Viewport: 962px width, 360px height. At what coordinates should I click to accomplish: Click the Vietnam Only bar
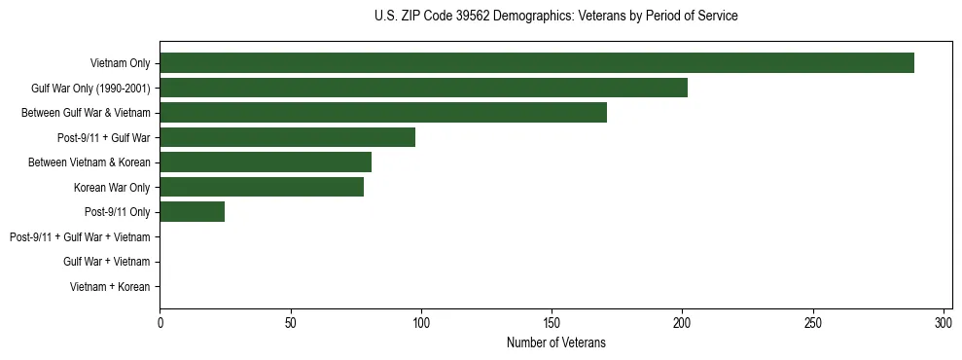tap(537, 63)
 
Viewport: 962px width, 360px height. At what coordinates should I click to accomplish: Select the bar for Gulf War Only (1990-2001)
tap(423, 88)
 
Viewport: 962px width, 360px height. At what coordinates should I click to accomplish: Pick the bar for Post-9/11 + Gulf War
tap(287, 137)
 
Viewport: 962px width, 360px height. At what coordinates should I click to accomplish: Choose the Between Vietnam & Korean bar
tap(266, 162)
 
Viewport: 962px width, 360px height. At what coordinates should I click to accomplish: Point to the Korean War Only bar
tap(262, 187)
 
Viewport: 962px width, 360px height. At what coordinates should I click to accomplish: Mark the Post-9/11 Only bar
tap(193, 212)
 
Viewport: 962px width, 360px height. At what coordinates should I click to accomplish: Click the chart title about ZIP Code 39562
tap(555, 17)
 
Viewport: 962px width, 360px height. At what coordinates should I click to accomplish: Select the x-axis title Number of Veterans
tap(555, 342)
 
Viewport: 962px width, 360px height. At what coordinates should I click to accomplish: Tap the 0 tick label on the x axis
tap(160, 322)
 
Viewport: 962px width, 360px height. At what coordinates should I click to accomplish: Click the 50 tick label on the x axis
tap(291, 322)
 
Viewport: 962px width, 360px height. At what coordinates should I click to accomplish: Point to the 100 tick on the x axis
tap(421, 322)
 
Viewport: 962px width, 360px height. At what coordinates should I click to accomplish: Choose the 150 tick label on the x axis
tap(552, 322)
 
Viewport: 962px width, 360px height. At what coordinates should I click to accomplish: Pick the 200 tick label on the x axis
tap(683, 322)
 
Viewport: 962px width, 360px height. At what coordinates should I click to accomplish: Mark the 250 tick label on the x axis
tap(813, 322)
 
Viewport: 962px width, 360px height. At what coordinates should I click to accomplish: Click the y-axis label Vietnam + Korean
tap(110, 287)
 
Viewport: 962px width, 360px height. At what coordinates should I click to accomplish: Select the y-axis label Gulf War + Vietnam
tap(106, 262)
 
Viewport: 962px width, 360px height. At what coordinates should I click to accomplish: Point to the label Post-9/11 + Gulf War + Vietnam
tap(80, 237)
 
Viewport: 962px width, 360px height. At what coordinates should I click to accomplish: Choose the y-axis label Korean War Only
tap(112, 187)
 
